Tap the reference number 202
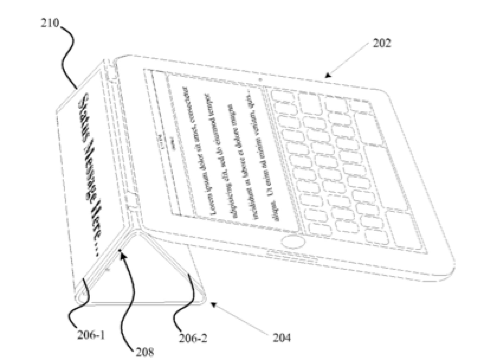[x=381, y=44]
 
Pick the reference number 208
[x=145, y=352]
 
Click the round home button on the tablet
[x=293, y=242]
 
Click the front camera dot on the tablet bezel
[x=260, y=79]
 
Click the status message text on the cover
[x=89, y=175]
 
